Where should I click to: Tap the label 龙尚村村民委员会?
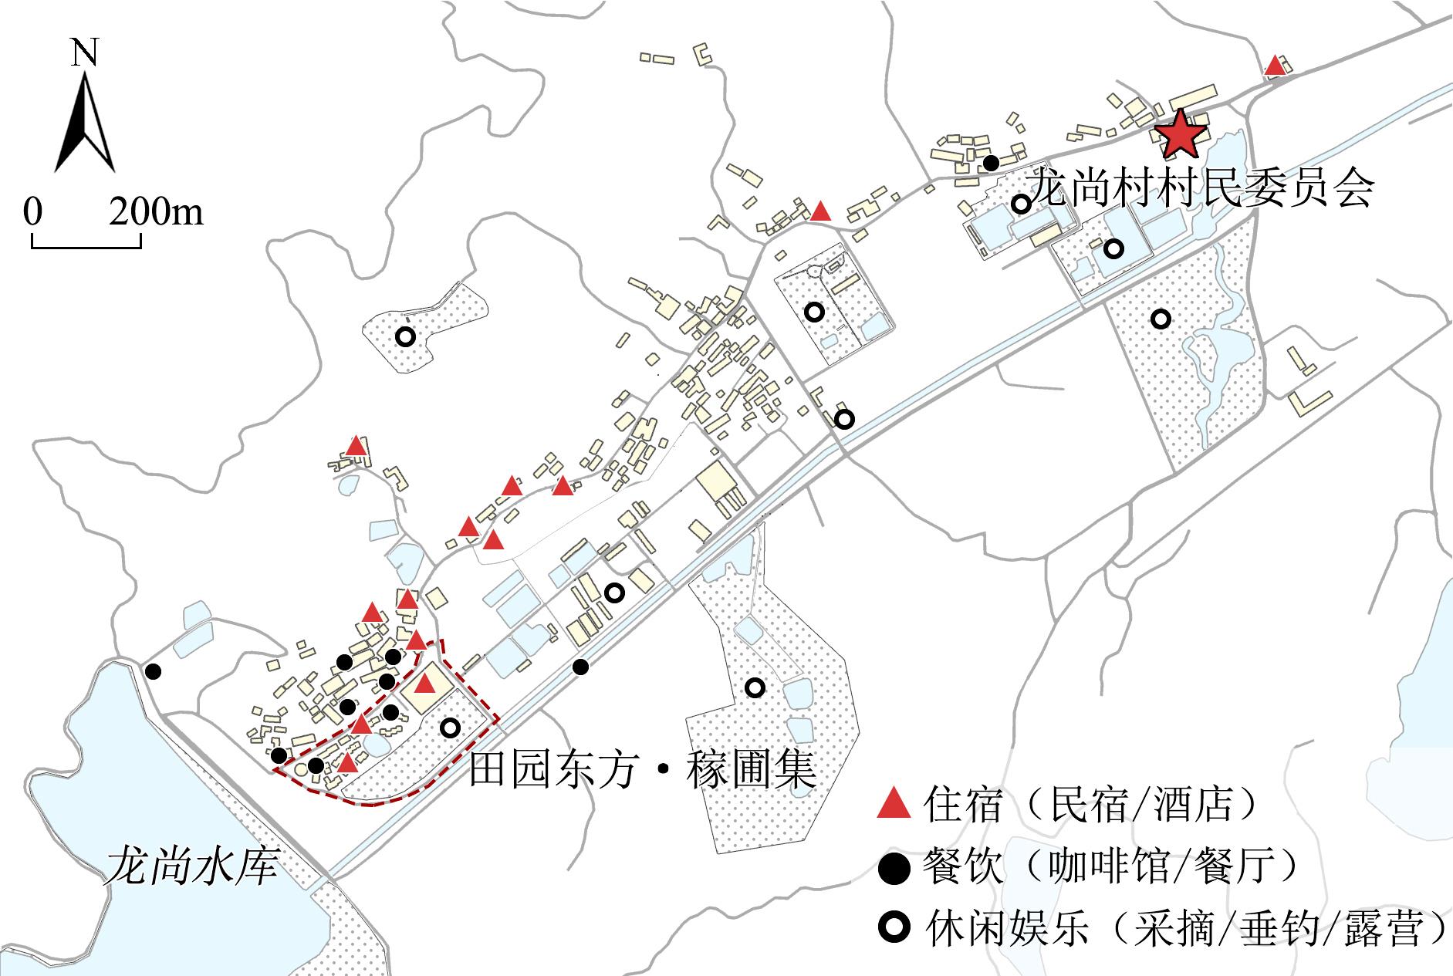point(1202,187)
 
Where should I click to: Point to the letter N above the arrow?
point(85,52)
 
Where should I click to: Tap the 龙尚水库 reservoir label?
point(192,865)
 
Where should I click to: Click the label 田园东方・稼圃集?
point(642,769)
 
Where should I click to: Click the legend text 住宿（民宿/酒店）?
point(1093,804)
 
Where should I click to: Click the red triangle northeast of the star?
point(1276,66)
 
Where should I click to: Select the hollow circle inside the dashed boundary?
point(450,727)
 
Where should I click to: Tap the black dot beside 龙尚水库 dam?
point(154,671)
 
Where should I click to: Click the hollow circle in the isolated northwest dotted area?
point(405,337)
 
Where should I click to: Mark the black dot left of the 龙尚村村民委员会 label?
point(991,163)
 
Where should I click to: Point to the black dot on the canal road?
point(581,667)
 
